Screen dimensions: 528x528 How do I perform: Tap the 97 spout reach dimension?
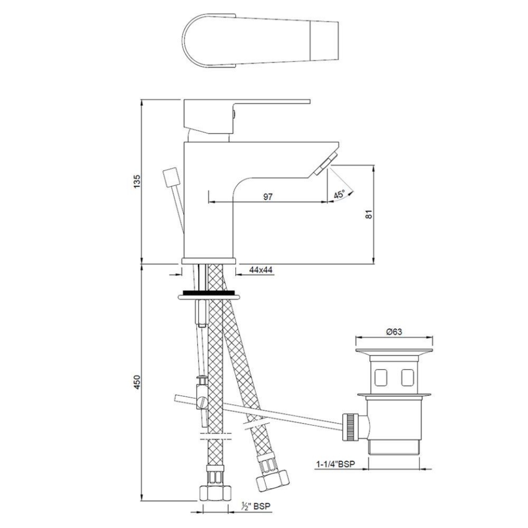pyautogui.click(x=268, y=197)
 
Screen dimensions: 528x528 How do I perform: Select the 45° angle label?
pyautogui.click(x=340, y=194)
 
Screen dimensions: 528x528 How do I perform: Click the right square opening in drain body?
pyautogui.click(x=407, y=378)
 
